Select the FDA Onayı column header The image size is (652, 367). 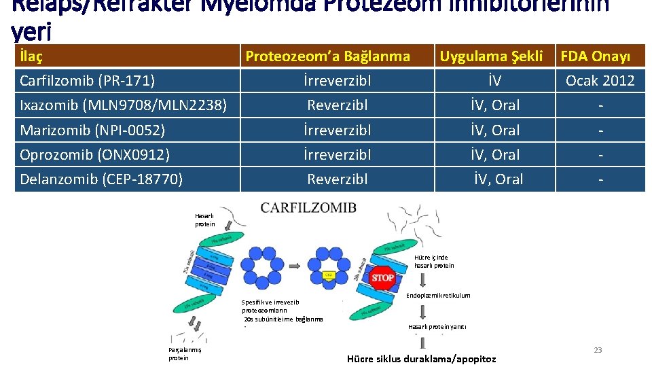click(x=595, y=56)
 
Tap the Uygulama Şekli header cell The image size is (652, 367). click(x=491, y=56)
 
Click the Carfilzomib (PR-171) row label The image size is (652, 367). click(x=88, y=81)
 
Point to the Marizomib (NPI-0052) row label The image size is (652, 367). click(x=92, y=130)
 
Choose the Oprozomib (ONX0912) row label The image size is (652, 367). click(x=94, y=154)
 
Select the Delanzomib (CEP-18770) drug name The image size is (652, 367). click(x=101, y=179)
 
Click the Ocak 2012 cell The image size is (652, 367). click(x=600, y=81)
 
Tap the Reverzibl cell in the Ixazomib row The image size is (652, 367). click(x=338, y=105)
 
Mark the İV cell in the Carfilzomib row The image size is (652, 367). click(x=495, y=81)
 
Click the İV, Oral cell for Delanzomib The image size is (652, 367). click(x=499, y=179)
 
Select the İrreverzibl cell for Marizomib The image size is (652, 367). click(x=338, y=130)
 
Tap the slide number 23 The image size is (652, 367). click(x=598, y=350)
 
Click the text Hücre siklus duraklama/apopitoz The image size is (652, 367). click(x=421, y=359)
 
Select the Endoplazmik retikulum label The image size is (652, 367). click(x=437, y=296)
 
